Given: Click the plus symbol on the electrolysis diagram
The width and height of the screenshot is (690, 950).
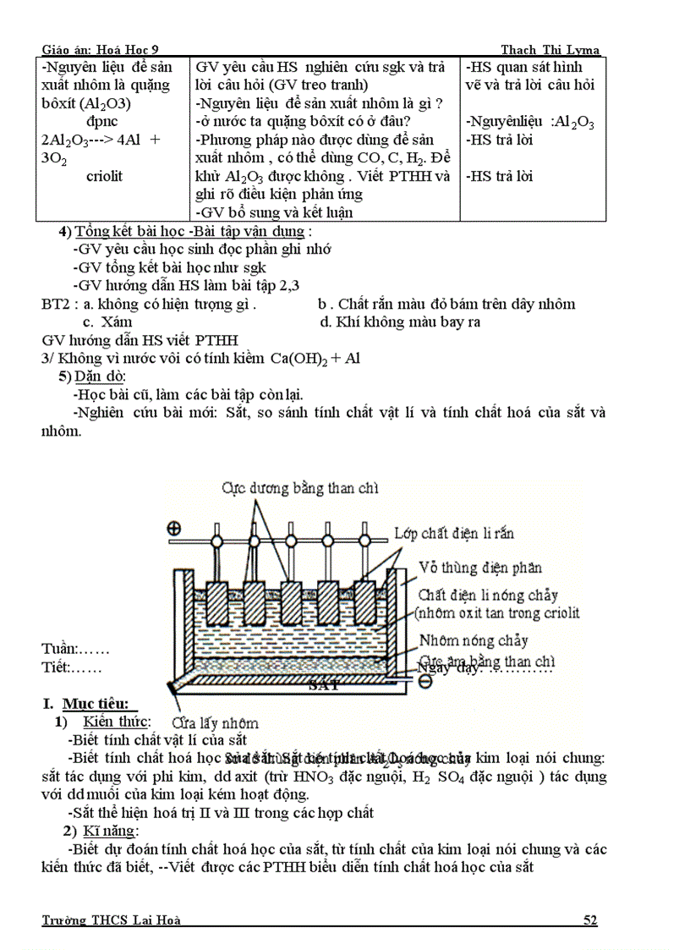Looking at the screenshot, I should (x=174, y=529).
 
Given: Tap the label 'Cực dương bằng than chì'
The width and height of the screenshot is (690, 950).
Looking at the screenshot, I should (x=300, y=488).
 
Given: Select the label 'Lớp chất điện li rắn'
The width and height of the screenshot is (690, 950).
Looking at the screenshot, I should (x=454, y=533).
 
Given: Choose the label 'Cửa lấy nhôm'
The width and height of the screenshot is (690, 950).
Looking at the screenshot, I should (x=215, y=722).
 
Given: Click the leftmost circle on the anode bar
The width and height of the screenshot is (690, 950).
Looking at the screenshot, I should (x=216, y=539).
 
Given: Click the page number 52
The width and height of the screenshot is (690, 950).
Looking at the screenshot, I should (x=590, y=920).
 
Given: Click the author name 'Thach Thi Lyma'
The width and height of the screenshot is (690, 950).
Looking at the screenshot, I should (x=550, y=50).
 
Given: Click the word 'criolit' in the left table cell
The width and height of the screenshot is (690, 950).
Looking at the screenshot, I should (x=104, y=176).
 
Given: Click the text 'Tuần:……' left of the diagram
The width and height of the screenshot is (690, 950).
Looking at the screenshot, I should (x=74, y=649).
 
